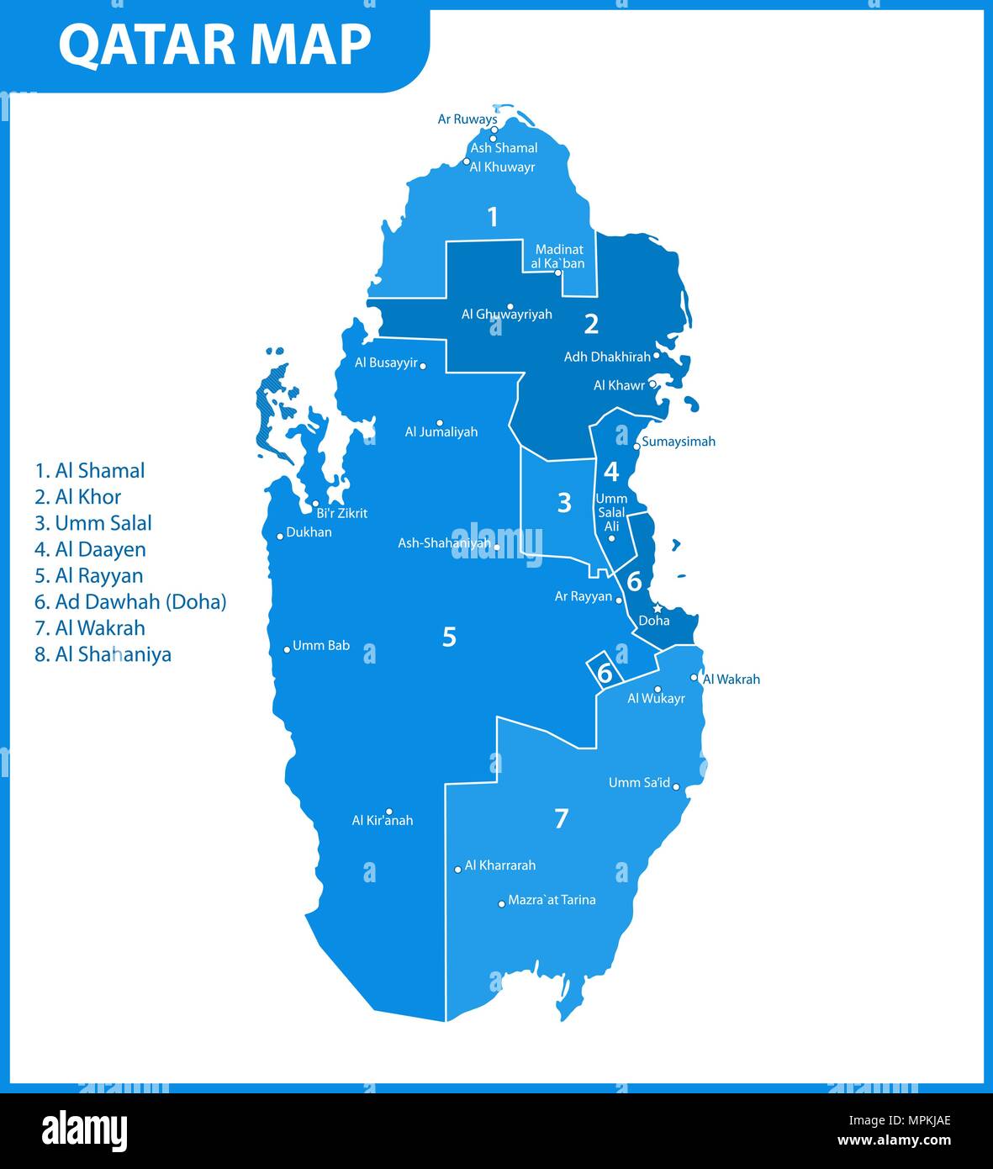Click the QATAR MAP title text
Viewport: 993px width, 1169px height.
(x=214, y=45)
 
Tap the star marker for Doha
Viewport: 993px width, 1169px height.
(x=658, y=608)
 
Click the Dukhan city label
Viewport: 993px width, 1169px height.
(x=309, y=532)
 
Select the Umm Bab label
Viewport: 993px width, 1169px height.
(x=320, y=646)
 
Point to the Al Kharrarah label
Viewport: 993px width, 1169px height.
(x=499, y=865)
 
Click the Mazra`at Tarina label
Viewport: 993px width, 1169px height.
(x=552, y=900)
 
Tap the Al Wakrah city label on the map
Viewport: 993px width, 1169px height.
(x=731, y=680)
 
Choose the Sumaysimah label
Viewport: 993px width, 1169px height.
(x=679, y=442)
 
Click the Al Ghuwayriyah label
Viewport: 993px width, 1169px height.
(x=506, y=315)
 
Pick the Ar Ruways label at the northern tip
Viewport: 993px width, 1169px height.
(x=467, y=119)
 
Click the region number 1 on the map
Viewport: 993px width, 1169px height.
(x=493, y=217)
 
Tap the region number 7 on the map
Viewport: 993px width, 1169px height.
(x=562, y=818)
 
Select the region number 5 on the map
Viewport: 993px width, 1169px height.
(x=449, y=637)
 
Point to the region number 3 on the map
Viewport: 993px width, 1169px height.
(x=564, y=503)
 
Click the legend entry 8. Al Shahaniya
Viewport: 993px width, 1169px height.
(x=103, y=654)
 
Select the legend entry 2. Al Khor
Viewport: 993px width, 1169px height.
(x=77, y=497)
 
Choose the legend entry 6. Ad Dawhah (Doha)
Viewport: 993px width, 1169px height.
(x=130, y=602)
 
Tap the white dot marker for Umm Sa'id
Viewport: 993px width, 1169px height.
(x=676, y=788)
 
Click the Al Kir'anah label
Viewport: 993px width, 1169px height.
(x=383, y=821)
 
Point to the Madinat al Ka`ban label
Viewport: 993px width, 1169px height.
(x=558, y=257)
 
